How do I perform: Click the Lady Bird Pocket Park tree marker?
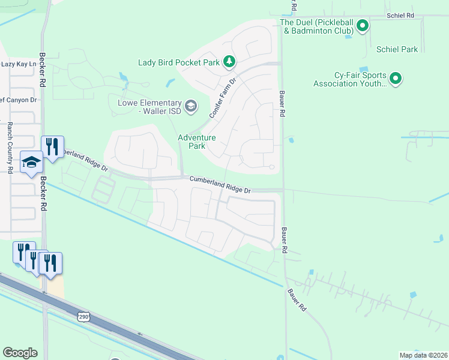229,61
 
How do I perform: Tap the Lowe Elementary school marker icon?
191,107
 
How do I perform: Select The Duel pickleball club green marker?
362,26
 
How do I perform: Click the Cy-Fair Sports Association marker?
396,79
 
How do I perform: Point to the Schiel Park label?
397,49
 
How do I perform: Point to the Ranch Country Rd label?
10,148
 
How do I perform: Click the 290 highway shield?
83,316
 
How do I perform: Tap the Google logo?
20,353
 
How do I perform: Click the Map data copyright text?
423,355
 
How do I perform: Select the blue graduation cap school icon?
31,163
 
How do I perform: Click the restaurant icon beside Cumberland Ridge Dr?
52,148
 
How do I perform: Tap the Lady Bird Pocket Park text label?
178,62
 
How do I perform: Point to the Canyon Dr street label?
18,100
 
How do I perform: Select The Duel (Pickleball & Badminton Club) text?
316,26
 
